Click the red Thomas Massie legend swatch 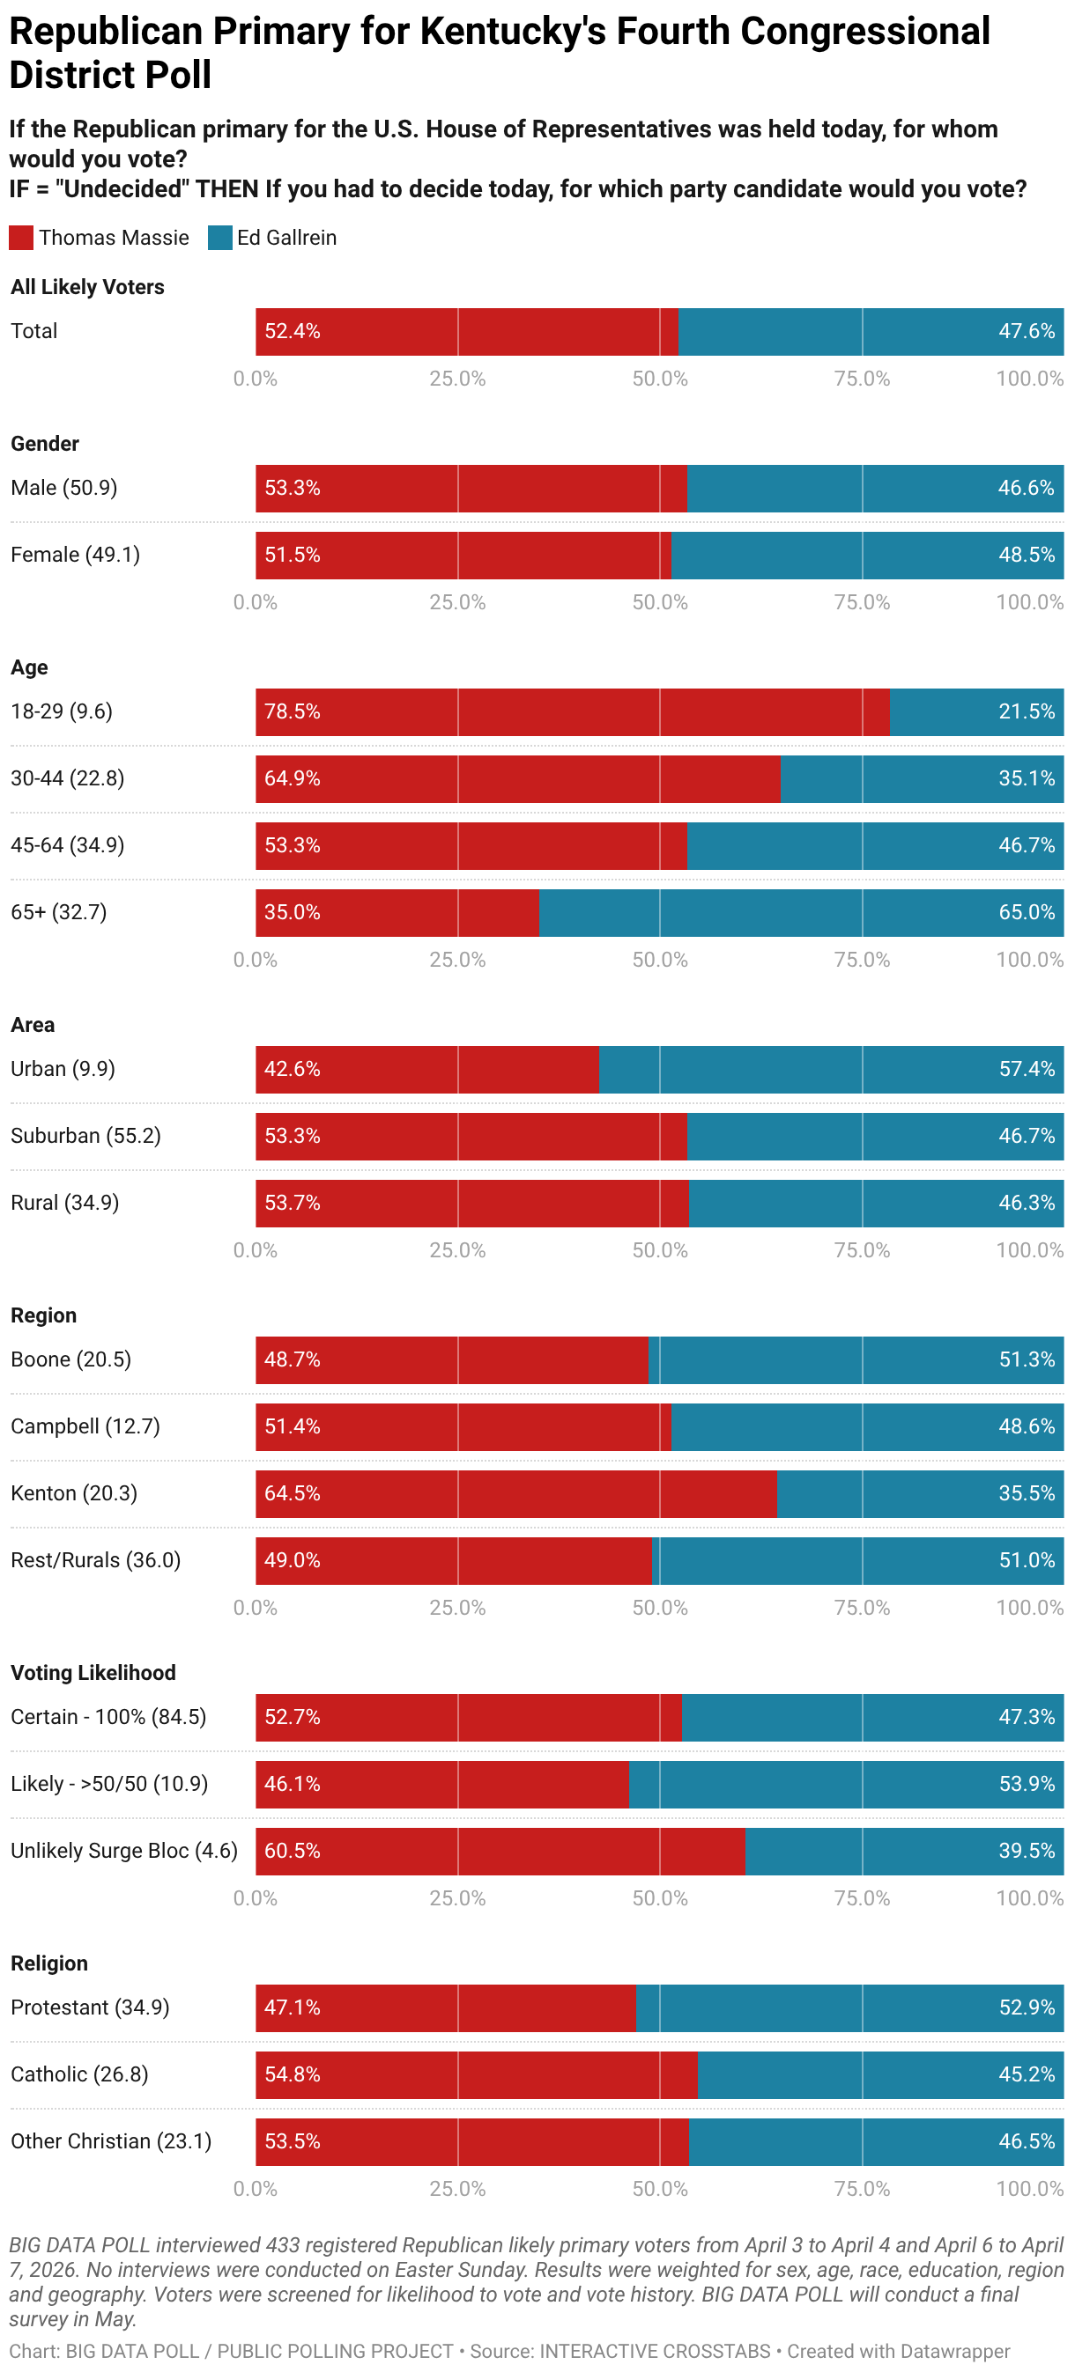(21, 238)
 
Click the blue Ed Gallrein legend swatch (220, 238)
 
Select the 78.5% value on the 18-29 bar (292, 711)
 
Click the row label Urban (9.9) (63, 1069)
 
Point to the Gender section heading (45, 444)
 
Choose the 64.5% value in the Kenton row (292, 1493)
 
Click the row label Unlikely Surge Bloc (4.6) (123, 1851)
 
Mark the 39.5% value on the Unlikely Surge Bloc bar (1027, 1851)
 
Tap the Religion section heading (49, 1963)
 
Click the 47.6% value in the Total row (1027, 331)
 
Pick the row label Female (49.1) (76, 556)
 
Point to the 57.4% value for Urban (1027, 1069)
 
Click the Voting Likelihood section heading (93, 1673)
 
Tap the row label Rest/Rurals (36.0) (96, 1561)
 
